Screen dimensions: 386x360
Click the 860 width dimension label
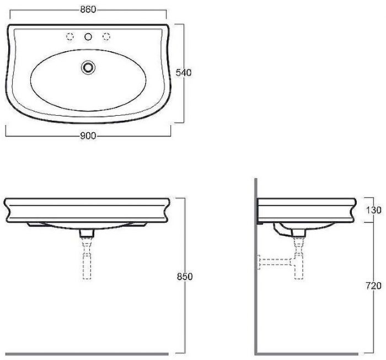pos(88,9)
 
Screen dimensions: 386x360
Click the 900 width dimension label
pos(88,136)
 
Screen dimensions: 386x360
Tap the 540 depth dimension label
pos(184,73)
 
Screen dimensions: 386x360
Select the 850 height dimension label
pos(185,277)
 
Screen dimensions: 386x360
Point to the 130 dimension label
pos(373,210)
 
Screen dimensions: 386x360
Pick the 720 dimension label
pos(373,286)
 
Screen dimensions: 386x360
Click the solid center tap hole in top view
pos(88,37)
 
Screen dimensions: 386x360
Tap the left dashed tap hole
pos(70,36)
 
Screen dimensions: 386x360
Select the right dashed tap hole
pos(106,36)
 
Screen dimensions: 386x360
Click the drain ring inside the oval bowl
pos(88,67)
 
